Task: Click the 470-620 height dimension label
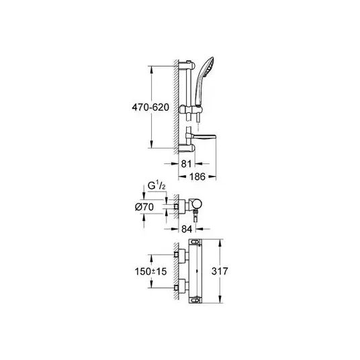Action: (150, 107)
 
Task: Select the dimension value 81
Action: (186, 164)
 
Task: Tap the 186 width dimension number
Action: (197, 177)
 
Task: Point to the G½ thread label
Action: (156, 186)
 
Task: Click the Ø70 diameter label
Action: (144, 207)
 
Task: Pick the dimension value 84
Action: (187, 229)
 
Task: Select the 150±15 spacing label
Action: (150, 271)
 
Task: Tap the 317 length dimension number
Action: (220, 271)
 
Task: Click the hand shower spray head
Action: (208, 64)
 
